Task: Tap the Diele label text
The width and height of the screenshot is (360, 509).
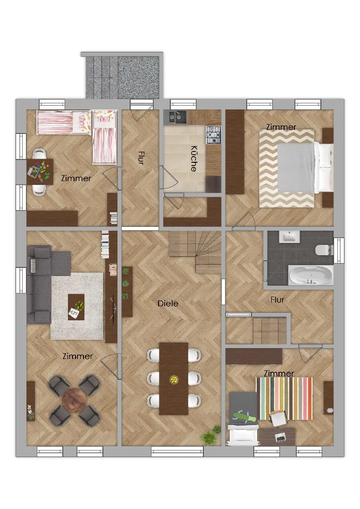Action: [168, 303]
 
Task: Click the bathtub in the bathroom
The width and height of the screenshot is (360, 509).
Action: [310, 275]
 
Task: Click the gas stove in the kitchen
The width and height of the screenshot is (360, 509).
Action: [213, 134]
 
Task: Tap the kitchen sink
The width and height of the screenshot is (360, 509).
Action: [176, 117]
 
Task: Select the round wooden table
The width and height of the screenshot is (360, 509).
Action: [74, 401]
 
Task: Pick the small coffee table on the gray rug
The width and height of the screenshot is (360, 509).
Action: [76, 307]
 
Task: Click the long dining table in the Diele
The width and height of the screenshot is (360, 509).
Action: [174, 378]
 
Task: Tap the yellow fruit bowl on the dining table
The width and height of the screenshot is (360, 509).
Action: [174, 379]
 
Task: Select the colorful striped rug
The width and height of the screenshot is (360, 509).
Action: [285, 398]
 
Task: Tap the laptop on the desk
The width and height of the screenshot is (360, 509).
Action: [280, 438]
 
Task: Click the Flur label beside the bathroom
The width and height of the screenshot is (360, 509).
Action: [277, 300]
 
